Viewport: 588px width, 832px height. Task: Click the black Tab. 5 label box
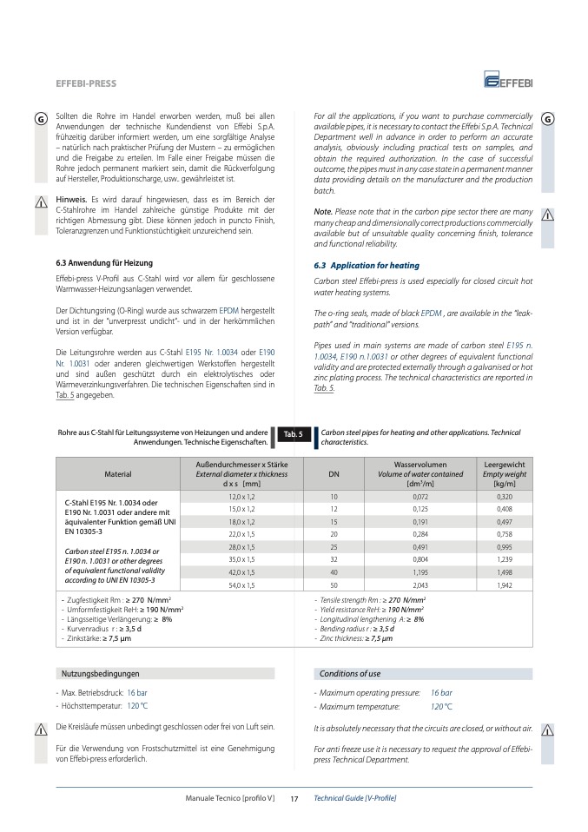click(x=293, y=433)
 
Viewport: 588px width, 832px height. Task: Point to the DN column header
click(x=334, y=474)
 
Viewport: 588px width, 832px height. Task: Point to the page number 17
click(x=294, y=798)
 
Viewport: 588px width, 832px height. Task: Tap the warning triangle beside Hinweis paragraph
click(x=41, y=203)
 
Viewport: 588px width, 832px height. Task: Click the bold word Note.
click(x=323, y=212)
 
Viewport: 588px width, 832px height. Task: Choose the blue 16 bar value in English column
click(x=441, y=692)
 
